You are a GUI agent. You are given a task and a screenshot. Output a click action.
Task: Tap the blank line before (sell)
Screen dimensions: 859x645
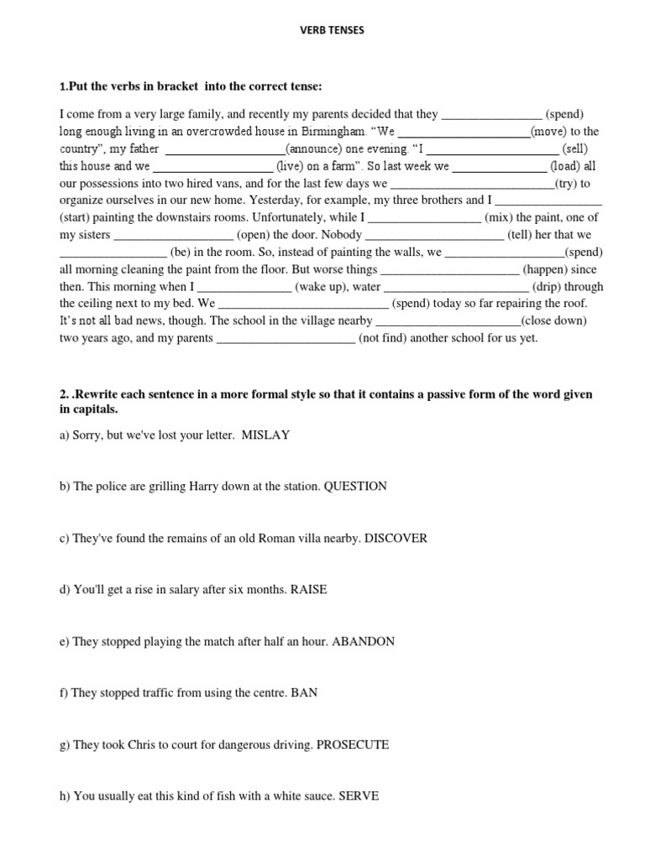click(x=487, y=148)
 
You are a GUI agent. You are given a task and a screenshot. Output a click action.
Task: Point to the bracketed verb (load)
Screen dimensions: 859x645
click(x=565, y=166)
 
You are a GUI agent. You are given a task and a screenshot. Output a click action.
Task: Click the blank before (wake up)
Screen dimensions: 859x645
click(x=244, y=286)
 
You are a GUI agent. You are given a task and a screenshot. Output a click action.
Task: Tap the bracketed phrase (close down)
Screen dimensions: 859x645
click(x=553, y=320)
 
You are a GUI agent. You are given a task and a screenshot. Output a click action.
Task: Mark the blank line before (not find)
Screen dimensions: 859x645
click(x=286, y=338)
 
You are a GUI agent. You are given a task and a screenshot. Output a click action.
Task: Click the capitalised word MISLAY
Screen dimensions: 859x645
click(x=265, y=435)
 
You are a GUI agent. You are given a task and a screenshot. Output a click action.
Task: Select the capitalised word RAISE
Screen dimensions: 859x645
click(x=308, y=590)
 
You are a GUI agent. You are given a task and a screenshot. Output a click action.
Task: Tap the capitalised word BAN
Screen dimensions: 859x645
click(x=305, y=693)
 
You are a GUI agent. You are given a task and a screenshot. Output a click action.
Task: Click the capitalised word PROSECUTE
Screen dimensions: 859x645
click(x=352, y=744)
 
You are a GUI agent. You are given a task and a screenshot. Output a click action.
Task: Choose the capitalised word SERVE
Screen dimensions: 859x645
click(x=359, y=796)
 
